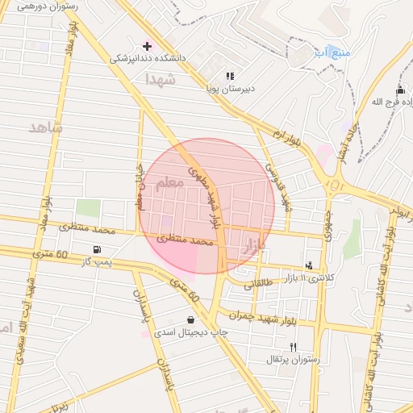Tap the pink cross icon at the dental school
click(146, 45)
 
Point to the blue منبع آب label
click(332, 53)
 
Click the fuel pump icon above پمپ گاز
click(97, 249)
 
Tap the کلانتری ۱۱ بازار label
click(300, 277)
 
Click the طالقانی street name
click(259, 284)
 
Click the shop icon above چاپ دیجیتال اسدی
click(190, 319)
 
